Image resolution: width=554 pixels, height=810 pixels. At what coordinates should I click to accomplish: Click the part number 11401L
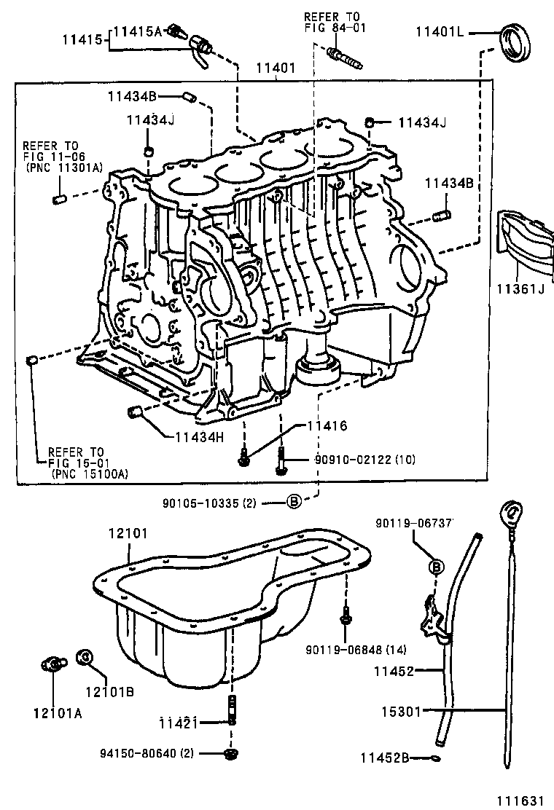[x=440, y=32]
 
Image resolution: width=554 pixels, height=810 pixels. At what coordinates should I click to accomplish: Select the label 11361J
[x=520, y=289]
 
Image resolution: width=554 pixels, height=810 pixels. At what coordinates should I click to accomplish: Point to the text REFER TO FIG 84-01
[x=334, y=22]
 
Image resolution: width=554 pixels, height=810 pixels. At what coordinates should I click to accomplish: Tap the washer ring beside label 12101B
[x=84, y=657]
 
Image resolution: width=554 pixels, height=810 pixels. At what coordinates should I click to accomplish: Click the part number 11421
[x=179, y=722]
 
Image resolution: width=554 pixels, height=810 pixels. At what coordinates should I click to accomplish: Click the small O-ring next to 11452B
[x=436, y=758]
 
